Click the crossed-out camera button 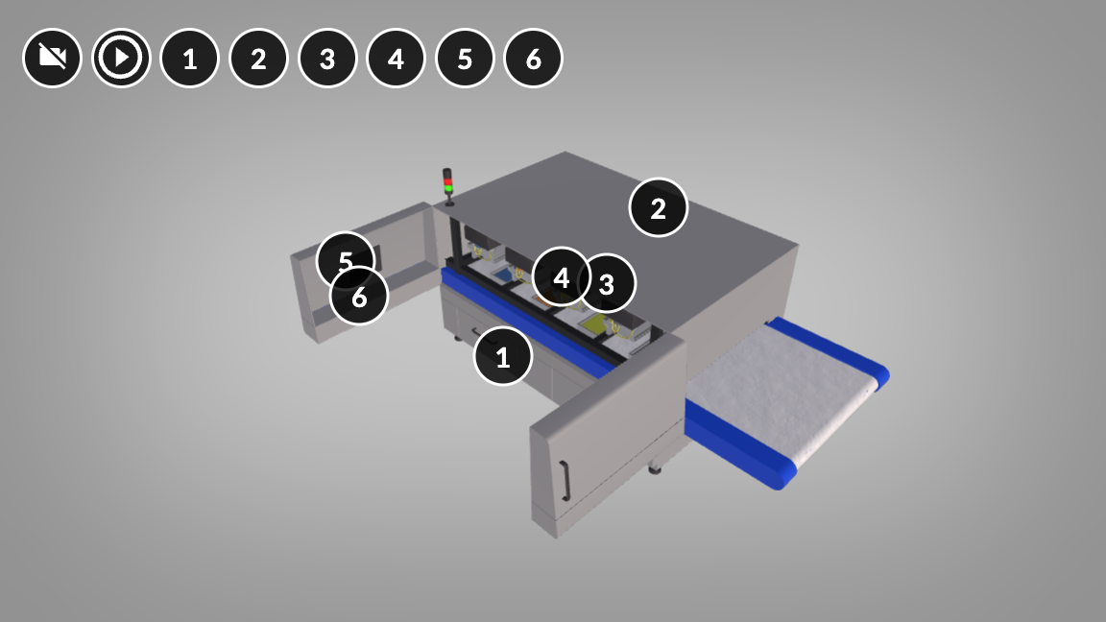click(52, 58)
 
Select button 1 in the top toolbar click(190, 58)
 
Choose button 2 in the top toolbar click(259, 58)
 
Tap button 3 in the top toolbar click(327, 58)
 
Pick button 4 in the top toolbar click(396, 58)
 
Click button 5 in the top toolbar click(465, 58)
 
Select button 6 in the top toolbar click(533, 58)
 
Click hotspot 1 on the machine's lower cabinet click(503, 356)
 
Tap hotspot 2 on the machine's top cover click(658, 207)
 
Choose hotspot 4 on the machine click(562, 277)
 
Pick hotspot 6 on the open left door click(359, 297)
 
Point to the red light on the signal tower click(447, 182)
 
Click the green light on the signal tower click(448, 189)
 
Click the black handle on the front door click(565, 481)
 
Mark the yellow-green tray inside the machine click(597, 323)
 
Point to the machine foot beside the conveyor click(656, 467)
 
